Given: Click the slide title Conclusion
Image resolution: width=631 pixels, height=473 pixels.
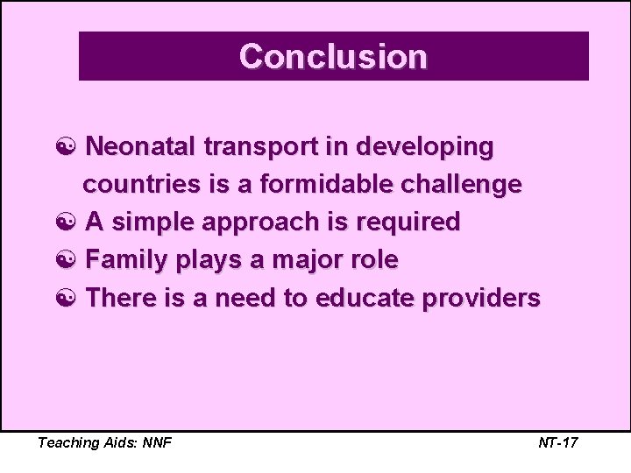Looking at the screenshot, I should coord(333,57).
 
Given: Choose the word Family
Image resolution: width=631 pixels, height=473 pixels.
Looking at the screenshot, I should coord(129,260).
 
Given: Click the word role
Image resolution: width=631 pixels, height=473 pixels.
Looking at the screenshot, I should coord(375,260).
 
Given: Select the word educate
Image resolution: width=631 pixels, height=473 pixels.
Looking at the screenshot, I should coord(368,298).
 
